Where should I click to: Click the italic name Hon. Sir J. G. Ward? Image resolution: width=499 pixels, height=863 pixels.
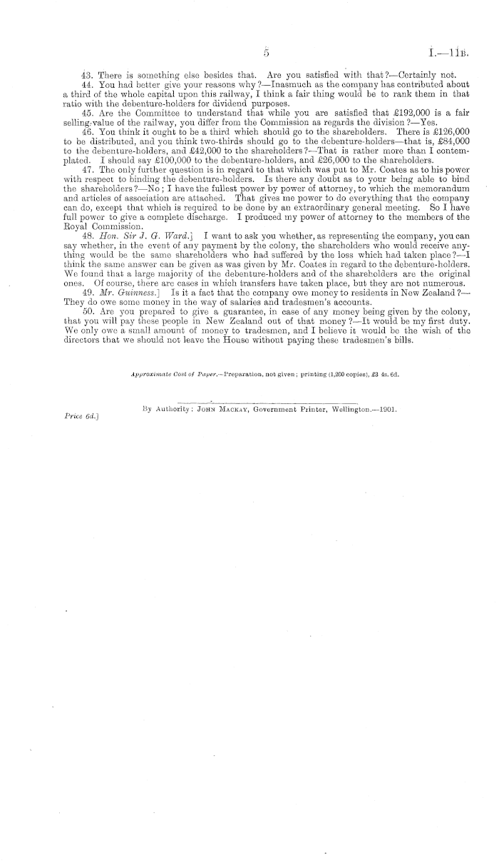pyautogui.click(x=148, y=234)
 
